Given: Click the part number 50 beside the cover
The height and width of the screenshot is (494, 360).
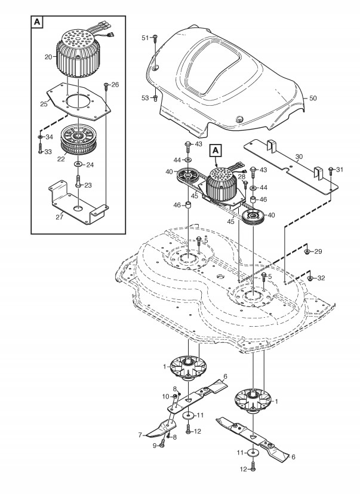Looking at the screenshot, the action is [x=313, y=99].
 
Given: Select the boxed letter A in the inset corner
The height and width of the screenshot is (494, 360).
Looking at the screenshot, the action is [x=37, y=22].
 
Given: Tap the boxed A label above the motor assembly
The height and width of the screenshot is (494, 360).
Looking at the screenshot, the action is [x=216, y=151].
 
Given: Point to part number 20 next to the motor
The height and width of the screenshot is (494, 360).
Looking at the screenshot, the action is [x=48, y=57].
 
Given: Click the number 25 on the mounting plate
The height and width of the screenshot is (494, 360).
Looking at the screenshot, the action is [x=44, y=104].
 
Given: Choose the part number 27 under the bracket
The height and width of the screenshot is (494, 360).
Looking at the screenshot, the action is [x=59, y=217].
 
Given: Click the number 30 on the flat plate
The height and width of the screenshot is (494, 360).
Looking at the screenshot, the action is [x=299, y=157].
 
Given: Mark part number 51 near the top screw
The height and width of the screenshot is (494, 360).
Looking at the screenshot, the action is [x=145, y=38].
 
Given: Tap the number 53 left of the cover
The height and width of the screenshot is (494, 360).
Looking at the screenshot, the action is [x=145, y=98].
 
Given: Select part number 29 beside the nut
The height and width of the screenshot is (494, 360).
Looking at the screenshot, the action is [x=318, y=251].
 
